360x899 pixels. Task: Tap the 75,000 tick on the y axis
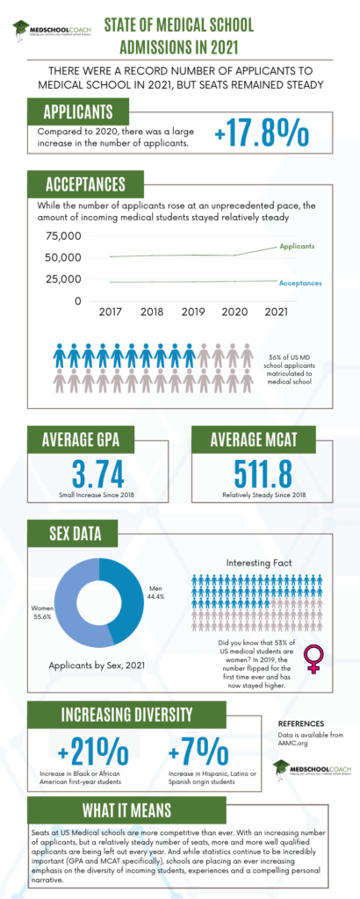click(64, 236)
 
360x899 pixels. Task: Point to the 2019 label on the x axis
click(191, 312)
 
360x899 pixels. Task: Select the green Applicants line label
click(297, 247)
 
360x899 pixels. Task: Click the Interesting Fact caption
click(263, 562)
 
